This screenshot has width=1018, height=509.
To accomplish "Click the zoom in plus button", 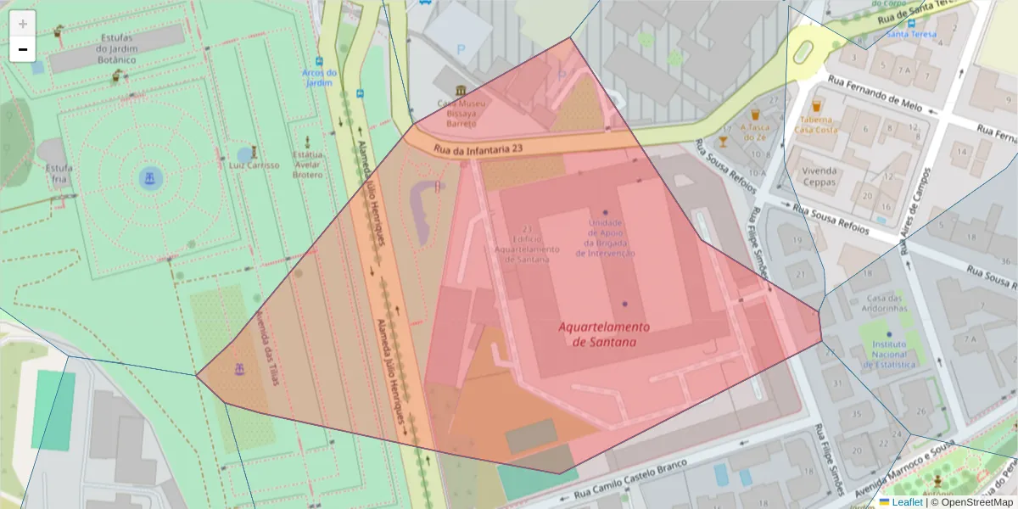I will point(23,24).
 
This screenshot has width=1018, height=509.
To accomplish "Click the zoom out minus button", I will point(23,49).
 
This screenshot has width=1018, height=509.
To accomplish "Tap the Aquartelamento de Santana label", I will point(604,334).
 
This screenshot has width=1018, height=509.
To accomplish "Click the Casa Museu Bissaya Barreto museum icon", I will point(461,91).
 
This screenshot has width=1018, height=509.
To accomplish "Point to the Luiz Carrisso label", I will point(254,165).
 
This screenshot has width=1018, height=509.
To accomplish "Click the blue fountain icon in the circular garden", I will point(150,178).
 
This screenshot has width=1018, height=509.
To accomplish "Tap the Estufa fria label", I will point(59,173).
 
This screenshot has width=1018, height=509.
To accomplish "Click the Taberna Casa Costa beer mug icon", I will point(816,106).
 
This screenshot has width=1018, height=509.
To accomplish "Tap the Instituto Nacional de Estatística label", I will point(889,355).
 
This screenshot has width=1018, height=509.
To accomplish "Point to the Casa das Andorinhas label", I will point(887,303).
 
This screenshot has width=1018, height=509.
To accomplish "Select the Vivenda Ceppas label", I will point(819,176).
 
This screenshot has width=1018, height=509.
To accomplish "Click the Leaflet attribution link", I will point(906,502).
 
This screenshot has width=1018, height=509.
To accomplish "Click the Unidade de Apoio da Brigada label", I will point(605,238).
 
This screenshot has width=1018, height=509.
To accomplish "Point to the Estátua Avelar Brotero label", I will point(307,165).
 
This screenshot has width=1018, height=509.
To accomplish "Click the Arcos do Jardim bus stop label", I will point(319,77).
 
